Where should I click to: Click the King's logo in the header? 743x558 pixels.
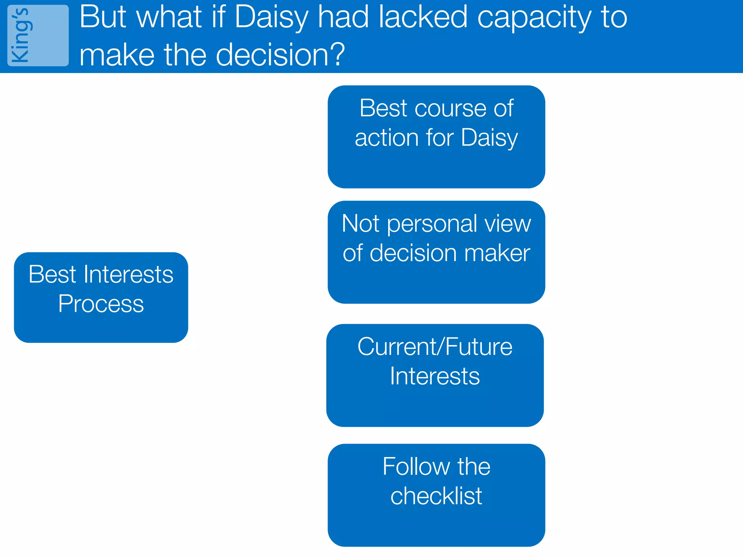pos(38,36)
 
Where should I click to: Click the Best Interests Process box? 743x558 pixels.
pos(101,297)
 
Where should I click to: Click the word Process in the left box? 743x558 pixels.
pos(101,304)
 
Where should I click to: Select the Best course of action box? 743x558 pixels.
pos(436,137)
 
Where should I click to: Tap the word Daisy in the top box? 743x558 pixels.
pos(489,138)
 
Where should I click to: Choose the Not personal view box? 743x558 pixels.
pos(436,252)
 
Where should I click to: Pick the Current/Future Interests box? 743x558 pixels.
pos(435,375)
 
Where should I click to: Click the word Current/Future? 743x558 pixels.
pos(435,347)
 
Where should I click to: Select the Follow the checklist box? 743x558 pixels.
pos(436,495)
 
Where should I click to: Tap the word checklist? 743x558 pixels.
pos(436,496)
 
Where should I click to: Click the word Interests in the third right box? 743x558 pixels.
pos(435,376)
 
